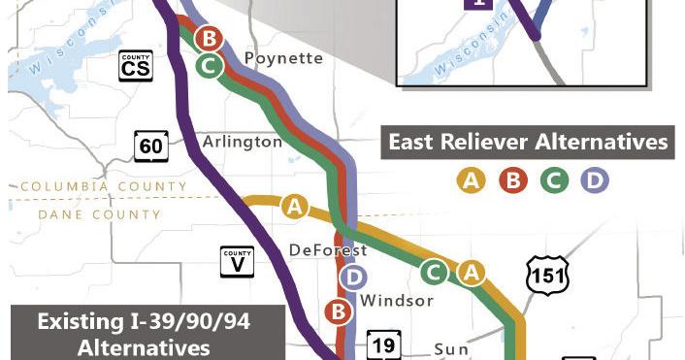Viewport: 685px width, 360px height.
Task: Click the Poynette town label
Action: pos(282,58)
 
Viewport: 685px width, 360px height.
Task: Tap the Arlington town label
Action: pos(242,142)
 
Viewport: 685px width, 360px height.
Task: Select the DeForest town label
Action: pos(328,250)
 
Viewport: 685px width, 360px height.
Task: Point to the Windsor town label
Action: pos(396,301)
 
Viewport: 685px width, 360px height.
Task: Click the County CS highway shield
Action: pos(136,65)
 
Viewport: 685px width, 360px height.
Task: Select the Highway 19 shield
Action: pos(383,344)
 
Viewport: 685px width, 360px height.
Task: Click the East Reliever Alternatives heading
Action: pos(528,143)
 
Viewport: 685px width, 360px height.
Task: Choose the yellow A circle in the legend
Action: pos(472,180)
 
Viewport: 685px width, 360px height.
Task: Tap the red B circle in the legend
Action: pos(511,180)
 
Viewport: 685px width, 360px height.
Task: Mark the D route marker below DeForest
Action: pos(354,278)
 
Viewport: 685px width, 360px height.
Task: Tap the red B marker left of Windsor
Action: pos(339,311)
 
